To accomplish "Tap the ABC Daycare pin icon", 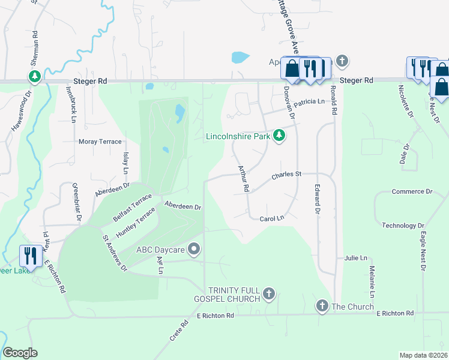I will coord(194,248).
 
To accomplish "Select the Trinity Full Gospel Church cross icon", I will coord(270,294).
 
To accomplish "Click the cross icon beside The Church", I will coord(322,306).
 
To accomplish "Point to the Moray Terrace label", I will coord(100,142).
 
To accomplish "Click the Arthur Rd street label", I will coord(243,178).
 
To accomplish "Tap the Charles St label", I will coord(285,175).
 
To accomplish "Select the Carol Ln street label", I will coord(271,219).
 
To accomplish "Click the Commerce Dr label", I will coord(412,191).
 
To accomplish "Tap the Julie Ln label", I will coord(355,257).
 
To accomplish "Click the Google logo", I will coord(20,353).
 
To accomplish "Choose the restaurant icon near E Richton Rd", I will coord(31,256).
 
